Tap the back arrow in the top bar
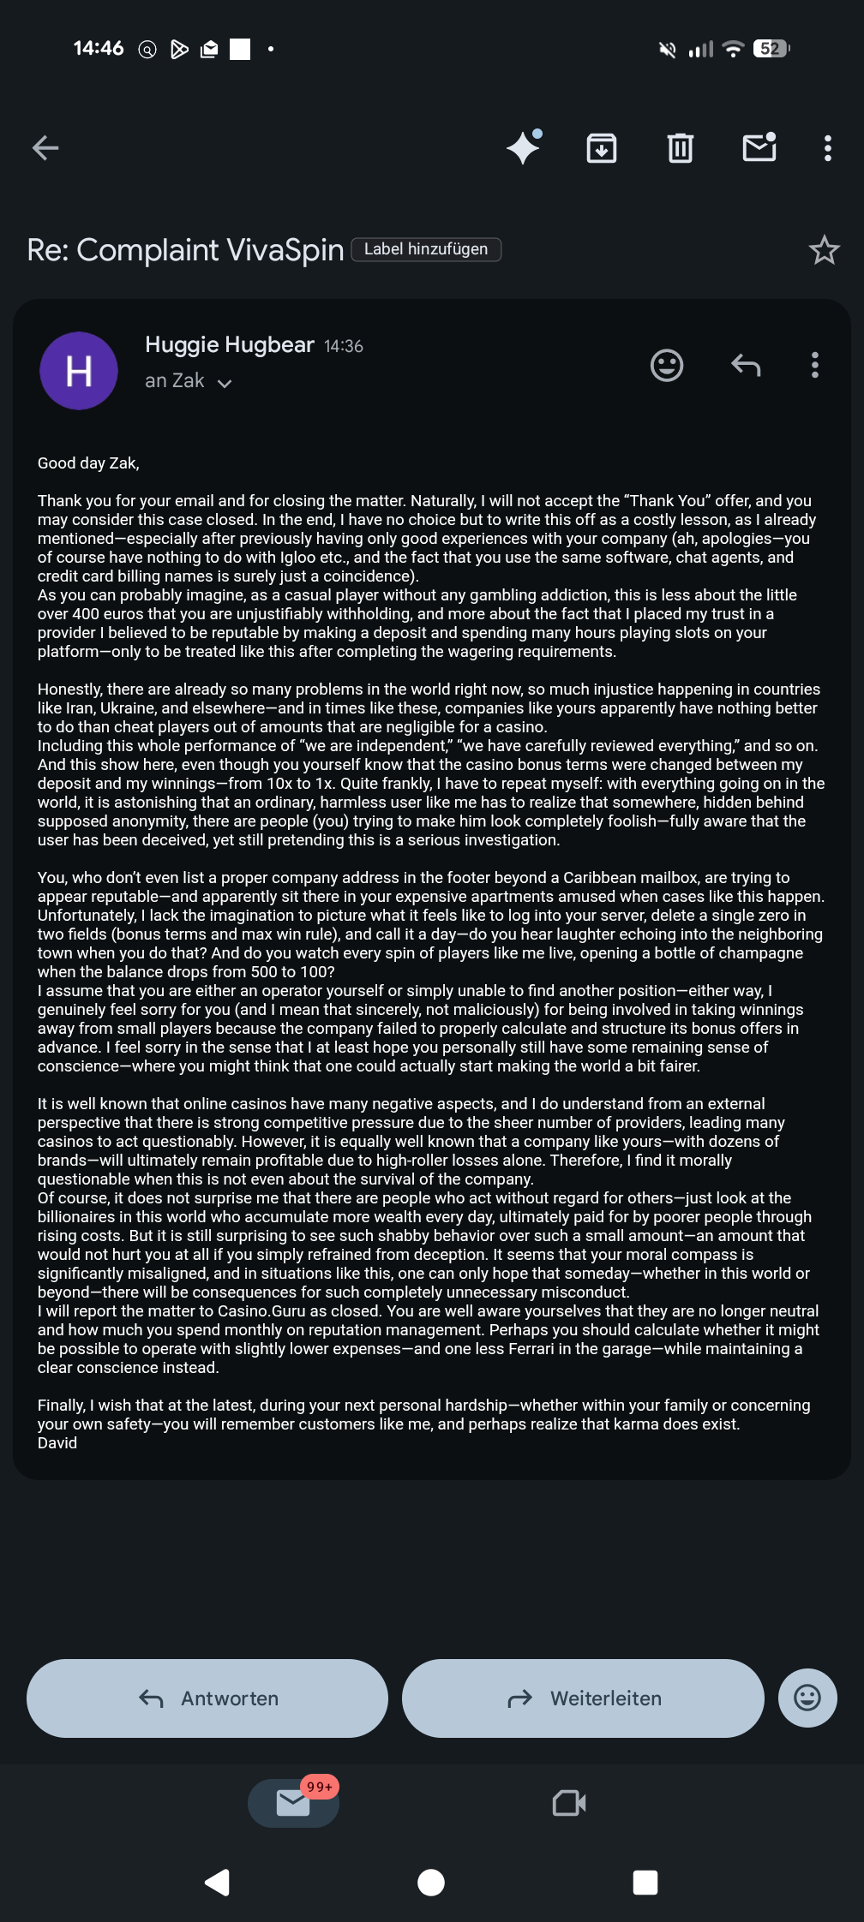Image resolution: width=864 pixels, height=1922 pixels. [x=45, y=148]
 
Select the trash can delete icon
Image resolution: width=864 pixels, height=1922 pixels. [x=681, y=148]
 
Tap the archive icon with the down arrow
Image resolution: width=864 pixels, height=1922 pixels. [x=602, y=148]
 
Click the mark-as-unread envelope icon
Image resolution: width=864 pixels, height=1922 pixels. [x=759, y=147]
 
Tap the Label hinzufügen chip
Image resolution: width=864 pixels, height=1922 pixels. [x=426, y=249]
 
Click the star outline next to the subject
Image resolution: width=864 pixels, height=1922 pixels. [x=824, y=250]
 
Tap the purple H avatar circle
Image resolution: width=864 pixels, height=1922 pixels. [x=79, y=371]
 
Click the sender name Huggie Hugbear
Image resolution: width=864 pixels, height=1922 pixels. [x=230, y=345]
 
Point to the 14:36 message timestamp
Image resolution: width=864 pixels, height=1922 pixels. [x=344, y=346]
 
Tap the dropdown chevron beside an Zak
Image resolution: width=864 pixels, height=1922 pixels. [x=225, y=383]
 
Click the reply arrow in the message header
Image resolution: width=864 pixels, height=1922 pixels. [x=746, y=366]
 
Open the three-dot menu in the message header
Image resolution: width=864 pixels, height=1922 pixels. [x=815, y=366]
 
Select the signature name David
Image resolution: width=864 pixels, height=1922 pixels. [x=57, y=1443]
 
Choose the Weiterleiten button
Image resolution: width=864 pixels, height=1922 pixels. [x=583, y=1698]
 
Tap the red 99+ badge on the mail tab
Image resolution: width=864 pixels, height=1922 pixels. [x=320, y=1787]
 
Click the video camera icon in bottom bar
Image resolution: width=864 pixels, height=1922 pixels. [x=569, y=1803]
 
